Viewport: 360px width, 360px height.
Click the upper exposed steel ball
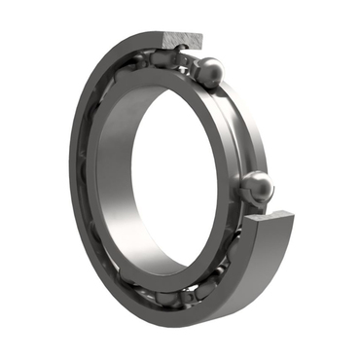[209, 71]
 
